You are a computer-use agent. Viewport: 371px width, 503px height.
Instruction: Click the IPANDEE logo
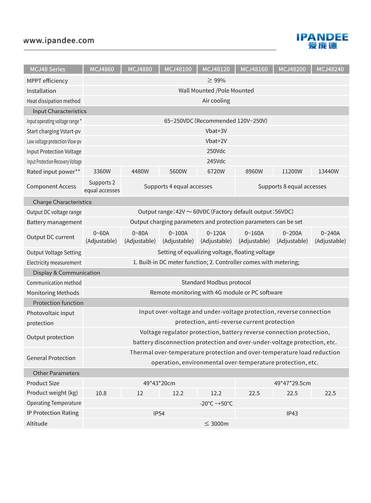click(322, 41)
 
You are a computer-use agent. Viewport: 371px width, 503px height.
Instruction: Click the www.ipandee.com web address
click(59, 41)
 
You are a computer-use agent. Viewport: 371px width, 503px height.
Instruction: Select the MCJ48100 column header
click(178, 69)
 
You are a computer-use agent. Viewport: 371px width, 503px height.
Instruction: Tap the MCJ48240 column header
click(330, 69)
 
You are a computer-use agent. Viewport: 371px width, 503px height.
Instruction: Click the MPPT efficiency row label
click(47, 81)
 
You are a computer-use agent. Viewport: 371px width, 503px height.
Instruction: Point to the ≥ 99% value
click(216, 81)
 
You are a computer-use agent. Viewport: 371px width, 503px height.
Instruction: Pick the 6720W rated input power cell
click(216, 171)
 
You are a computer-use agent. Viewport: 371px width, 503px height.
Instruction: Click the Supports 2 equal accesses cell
click(102, 186)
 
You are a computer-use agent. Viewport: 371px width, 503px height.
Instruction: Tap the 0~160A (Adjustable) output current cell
click(254, 237)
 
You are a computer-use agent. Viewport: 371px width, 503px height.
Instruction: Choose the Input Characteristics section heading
click(59, 111)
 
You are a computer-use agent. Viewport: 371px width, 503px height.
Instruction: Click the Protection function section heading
click(58, 303)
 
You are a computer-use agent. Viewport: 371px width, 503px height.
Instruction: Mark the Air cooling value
click(216, 101)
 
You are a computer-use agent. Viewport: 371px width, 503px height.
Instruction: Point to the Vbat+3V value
click(216, 131)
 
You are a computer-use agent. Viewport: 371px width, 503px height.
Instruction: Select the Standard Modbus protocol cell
click(216, 283)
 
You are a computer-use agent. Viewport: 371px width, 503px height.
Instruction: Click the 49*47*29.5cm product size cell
click(292, 383)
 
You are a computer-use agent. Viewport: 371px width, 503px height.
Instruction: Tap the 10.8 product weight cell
click(101, 393)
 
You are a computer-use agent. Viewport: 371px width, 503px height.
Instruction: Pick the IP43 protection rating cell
click(292, 414)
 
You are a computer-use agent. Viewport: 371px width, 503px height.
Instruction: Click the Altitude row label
click(37, 423)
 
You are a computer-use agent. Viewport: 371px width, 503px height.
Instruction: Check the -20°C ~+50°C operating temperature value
click(216, 403)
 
